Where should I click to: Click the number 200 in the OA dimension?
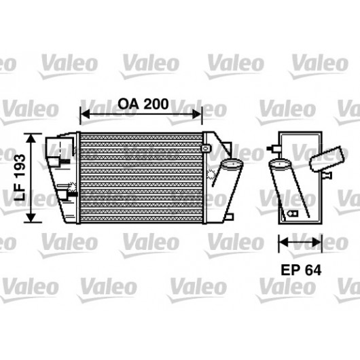pyautogui.click(x=157, y=104)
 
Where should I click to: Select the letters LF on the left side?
pyautogui.click(x=20, y=192)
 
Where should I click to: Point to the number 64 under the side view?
pyautogui.click(x=313, y=270)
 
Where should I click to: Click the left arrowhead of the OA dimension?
pyautogui.click(x=85, y=114)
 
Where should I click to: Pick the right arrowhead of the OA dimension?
pyautogui.click(x=197, y=114)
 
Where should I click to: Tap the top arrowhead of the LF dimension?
pyautogui.click(x=31, y=138)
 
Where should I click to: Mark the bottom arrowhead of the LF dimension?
pyautogui.click(x=31, y=217)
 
